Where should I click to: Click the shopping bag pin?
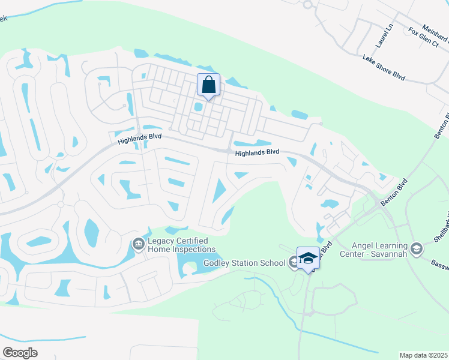point(208,85)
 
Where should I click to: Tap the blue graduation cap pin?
point(308,258)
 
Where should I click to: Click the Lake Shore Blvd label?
point(384,67)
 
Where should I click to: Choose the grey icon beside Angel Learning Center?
point(417,247)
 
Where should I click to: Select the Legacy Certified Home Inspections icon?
point(137,244)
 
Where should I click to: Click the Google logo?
point(20,352)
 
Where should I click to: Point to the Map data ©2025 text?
point(424,355)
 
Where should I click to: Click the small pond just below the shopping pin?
point(197,107)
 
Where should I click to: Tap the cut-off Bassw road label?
point(440,264)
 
